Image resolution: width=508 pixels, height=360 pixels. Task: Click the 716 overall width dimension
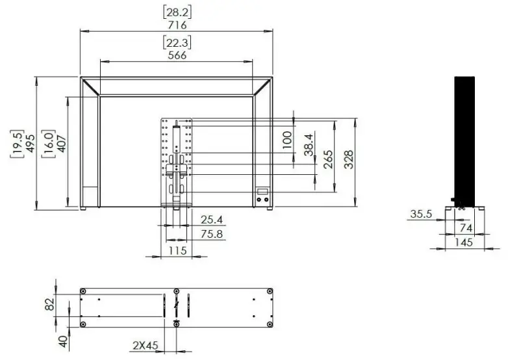pyautogui.click(x=177, y=25)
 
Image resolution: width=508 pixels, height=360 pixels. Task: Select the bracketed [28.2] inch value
pyautogui.click(x=177, y=12)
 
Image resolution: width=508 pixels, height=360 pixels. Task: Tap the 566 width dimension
pyautogui.click(x=177, y=55)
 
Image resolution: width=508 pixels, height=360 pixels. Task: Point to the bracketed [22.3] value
pyautogui.click(x=177, y=42)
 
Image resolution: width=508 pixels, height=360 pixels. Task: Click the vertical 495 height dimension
pyautogui.click(x=30, y=142)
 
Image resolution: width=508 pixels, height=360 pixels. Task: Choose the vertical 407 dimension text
pyautogui.click(x=62, y=142)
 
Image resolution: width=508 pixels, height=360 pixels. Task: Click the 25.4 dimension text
pyautogui.click(x=211, y=220)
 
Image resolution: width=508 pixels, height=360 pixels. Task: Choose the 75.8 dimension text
pyautogui.click(x=211, y=234)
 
